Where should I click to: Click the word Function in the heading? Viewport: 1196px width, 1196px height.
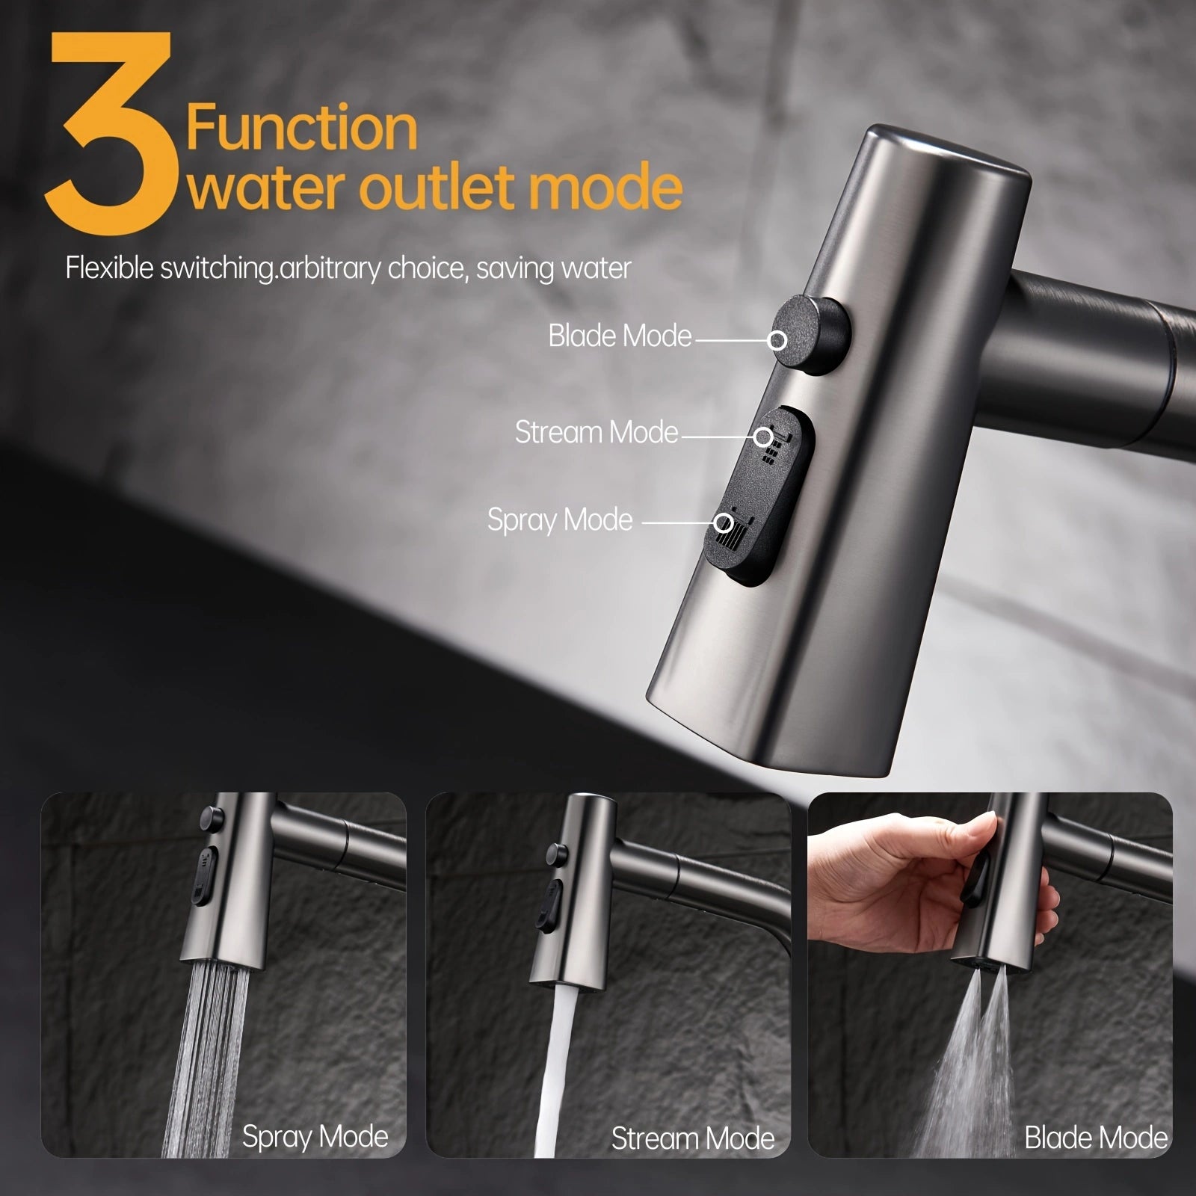point(301,129)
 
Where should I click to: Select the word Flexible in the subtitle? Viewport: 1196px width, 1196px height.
point(111,268)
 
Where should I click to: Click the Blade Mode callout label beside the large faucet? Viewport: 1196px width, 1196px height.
point(620,336)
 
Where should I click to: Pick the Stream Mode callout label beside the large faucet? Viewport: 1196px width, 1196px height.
point(596,432)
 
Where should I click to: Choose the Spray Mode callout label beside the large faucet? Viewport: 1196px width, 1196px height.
point(560,520)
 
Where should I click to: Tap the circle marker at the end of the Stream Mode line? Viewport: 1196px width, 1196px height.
point(762,436)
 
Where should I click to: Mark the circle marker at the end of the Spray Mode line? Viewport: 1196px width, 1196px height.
point(723,523)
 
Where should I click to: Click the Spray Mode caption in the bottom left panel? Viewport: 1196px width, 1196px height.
point(315,1137)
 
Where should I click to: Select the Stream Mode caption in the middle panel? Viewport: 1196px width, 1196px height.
point(693,1138)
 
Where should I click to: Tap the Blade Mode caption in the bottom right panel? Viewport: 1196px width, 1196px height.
point(1096,1137)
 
